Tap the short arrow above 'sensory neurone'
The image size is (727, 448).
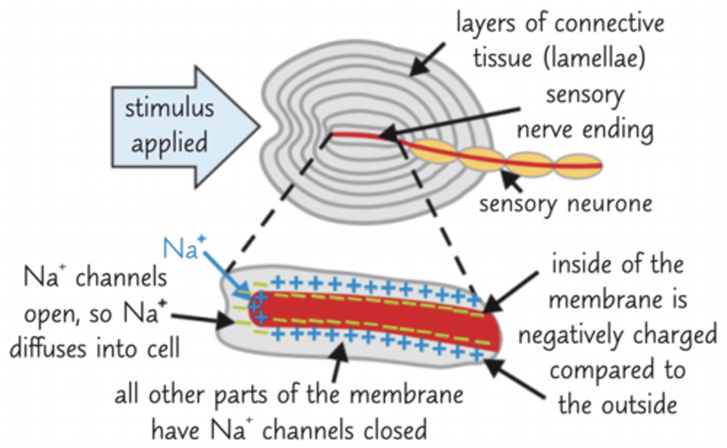point(511,181)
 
